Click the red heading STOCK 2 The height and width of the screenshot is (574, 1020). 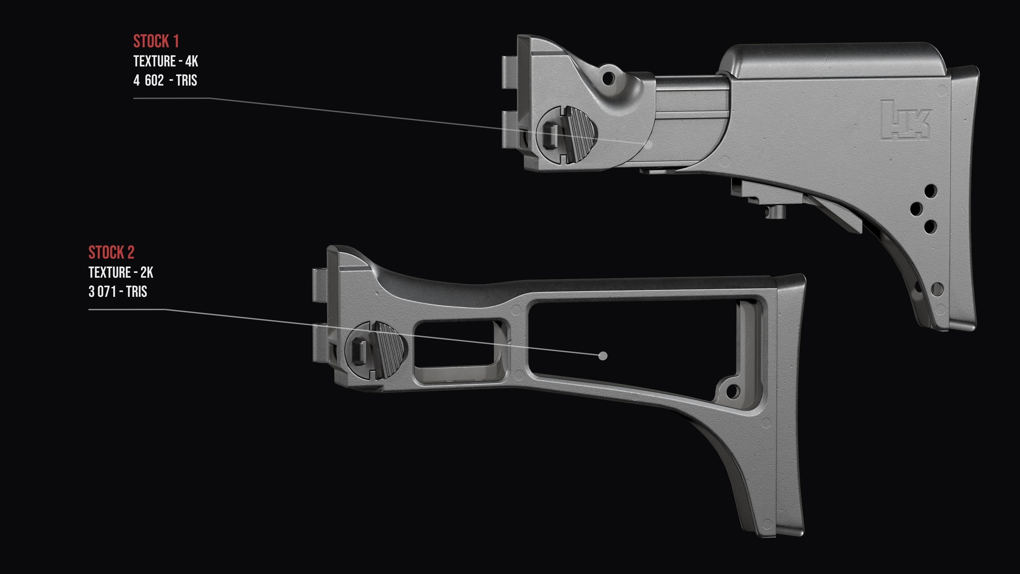coord(111,253)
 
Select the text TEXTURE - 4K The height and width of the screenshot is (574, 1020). coord(165,61)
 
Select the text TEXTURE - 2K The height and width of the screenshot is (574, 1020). coord(121,273)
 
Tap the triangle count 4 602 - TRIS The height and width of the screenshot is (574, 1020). coord(165,81)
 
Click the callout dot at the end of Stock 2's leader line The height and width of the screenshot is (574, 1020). coord(603,356)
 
